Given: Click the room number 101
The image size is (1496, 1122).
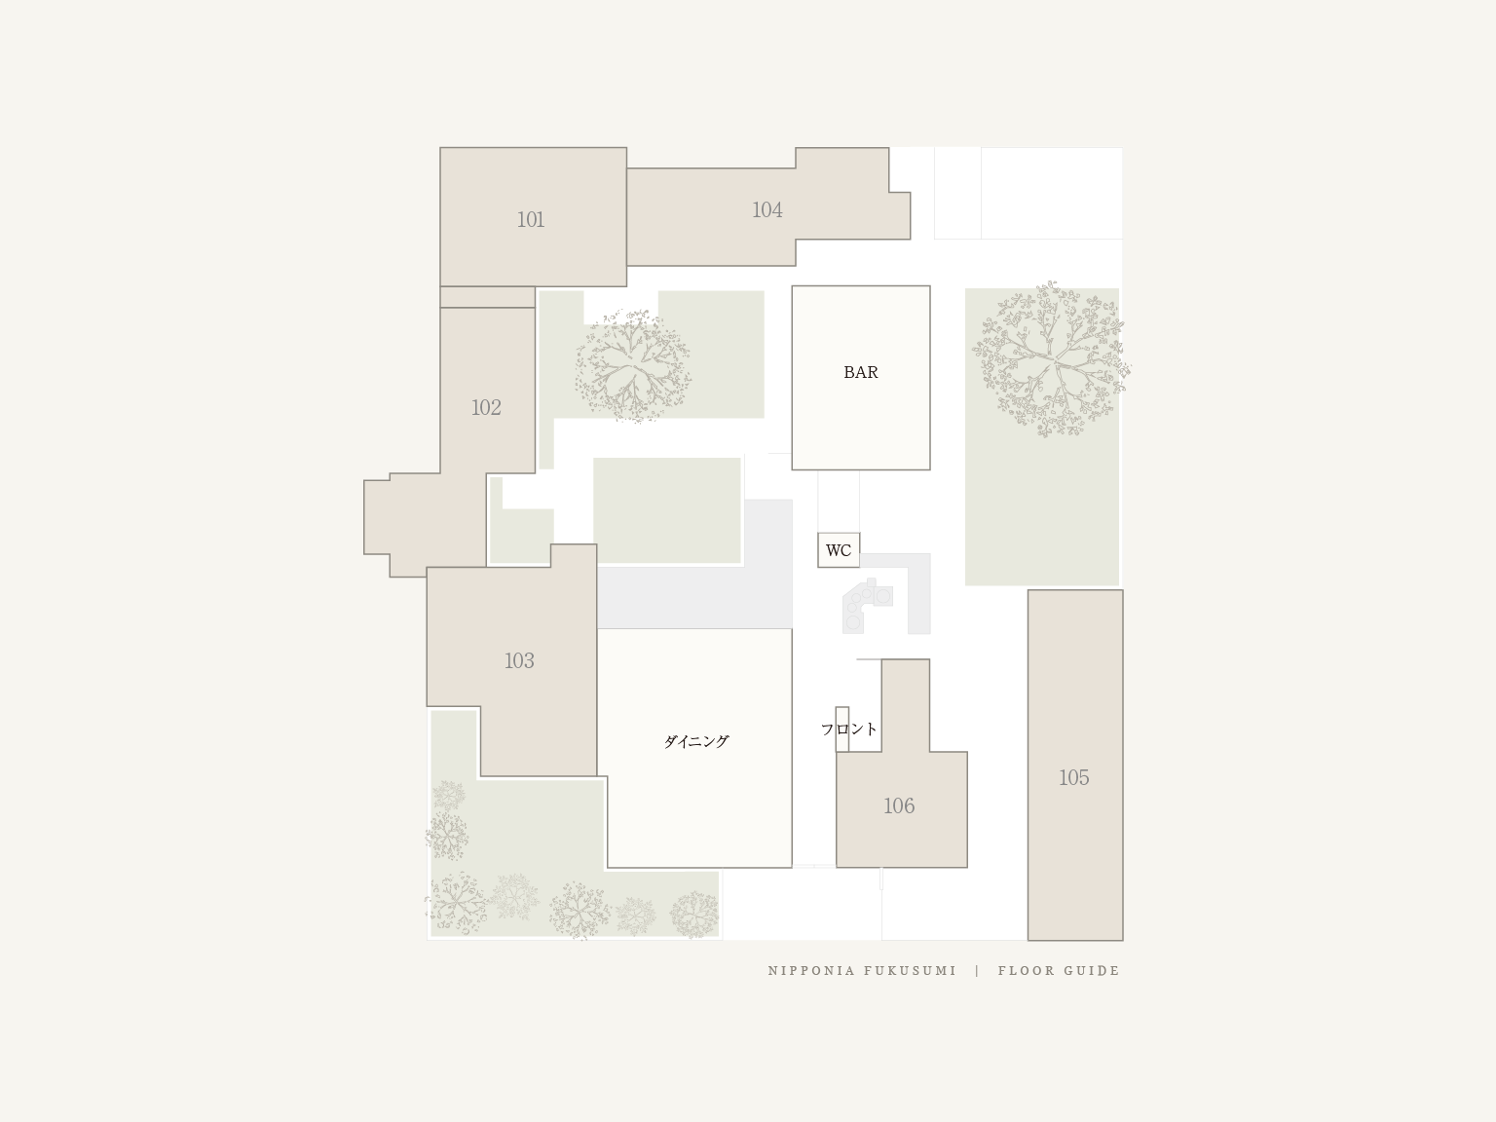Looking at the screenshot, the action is pyautogui.click(x=531, y=219).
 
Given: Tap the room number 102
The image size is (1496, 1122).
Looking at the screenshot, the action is pyautogui.click(x=486, y=407).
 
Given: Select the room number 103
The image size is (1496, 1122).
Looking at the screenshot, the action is pyautogui.click(x=519, y=660).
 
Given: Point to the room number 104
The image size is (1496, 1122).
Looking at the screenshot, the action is pyautogui.click(x=767, y=209).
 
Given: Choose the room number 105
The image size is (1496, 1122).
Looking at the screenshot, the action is pyautogui.click(x=1073, y=777).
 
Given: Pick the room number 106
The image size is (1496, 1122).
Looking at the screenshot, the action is pyautogui.click(x=899, y=805).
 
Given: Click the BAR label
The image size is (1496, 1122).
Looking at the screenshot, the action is pyautogui.click(x=861, y=373).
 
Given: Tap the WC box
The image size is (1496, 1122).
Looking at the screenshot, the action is pyautogui.click(x=839, y=549).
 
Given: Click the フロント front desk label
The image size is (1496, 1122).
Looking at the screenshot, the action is pyautogui.click(x=849, y=729).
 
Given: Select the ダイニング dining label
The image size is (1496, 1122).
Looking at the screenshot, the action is pyautogui.click(x=695, y=741).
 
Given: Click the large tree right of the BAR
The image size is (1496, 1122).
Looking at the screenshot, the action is pyautogui.click(x=1050, y=359).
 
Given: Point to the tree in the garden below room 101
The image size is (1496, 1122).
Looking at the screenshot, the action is pyautogui.click(x=632, y=366).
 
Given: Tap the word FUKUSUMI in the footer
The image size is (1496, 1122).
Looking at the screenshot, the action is pyautogui.click(x=910, y=971).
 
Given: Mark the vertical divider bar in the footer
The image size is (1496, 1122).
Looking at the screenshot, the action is pyautogui.click(x=977, y=971).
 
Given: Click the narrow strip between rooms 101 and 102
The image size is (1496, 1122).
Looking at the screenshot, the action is pyautogui.click(x=487, y=297).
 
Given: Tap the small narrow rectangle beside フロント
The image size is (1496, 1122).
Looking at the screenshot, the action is pyautogui.click(x=841, y=729).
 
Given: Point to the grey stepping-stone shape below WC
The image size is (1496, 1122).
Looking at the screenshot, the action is pyautogui.click(x=866, y=606).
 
